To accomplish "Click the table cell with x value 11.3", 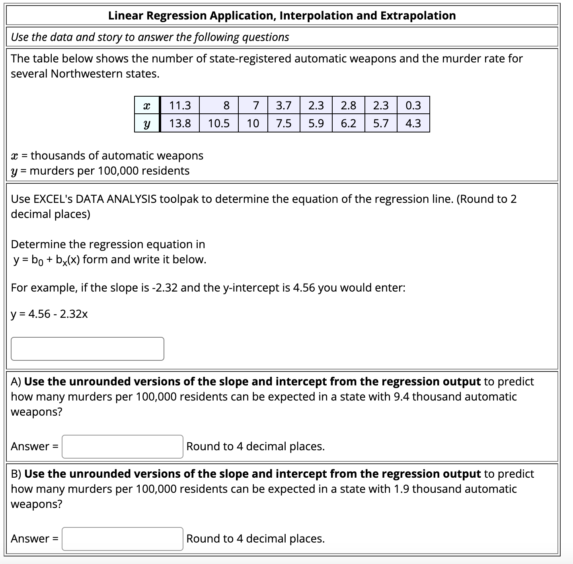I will click(x=180, y=105).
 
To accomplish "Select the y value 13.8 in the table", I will click(x=180, y=123).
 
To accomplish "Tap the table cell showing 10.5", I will click(x=219, y=123).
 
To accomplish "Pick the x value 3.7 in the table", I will click(x=284, y=105).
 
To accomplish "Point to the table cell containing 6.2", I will click(x=348, y=123).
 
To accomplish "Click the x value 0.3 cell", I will click(x=413, y=105).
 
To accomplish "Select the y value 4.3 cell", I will click(x=413, y=123).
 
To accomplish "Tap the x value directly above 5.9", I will click(x=316, y=105).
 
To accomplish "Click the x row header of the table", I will click(x=147, y=105).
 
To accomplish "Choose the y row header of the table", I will click(x=147, y=123).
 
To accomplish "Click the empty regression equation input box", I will click(x=87, y=349).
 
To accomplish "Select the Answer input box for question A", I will click(x=122, y=446).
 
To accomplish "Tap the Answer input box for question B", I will click(x=122, y=539).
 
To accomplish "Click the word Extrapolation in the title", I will click(x=418, y=16).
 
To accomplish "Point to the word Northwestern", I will click(x=86, y=74).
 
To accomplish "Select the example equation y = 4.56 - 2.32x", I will click(x=49, y=314).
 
